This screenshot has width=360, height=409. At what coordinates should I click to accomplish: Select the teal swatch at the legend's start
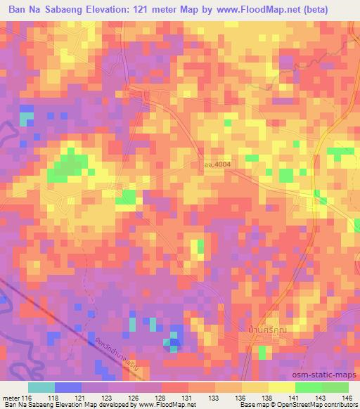(x=41, y=387)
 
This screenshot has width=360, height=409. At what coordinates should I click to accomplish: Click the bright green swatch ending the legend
(x=335, y=387)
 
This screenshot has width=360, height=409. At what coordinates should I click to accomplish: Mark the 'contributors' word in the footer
(x=341, y=405)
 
